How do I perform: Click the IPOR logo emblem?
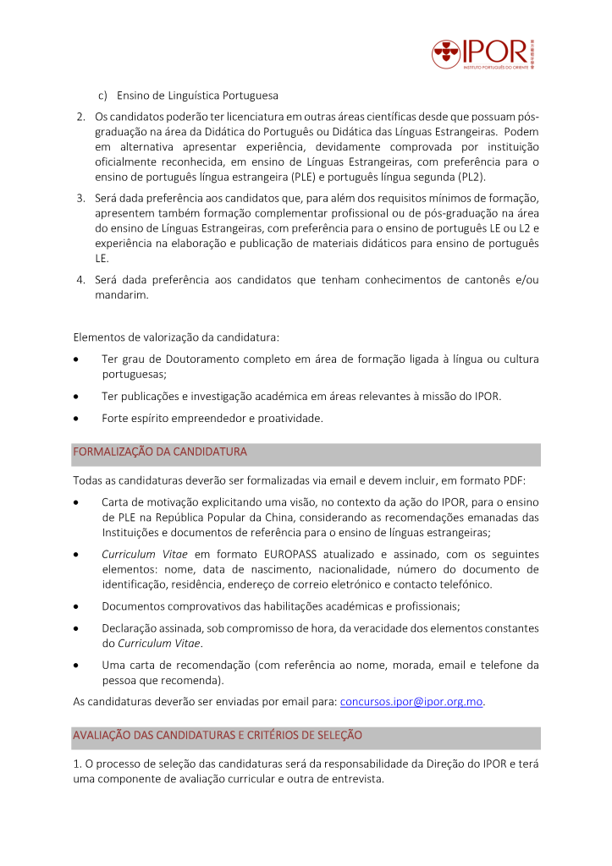(x=445, y=55)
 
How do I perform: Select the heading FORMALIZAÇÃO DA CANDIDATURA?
(x=160, y=452)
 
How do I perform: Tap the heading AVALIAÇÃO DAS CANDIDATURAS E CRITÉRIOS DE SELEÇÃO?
(x=218, y=735)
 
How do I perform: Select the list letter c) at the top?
(x=103, y=95)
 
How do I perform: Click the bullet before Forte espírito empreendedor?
(x=77, y=419)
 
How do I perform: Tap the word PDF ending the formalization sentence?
(x=516, y=481)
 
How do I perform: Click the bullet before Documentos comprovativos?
(x=77, y=606)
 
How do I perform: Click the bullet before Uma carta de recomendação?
(x=77, y=666)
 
